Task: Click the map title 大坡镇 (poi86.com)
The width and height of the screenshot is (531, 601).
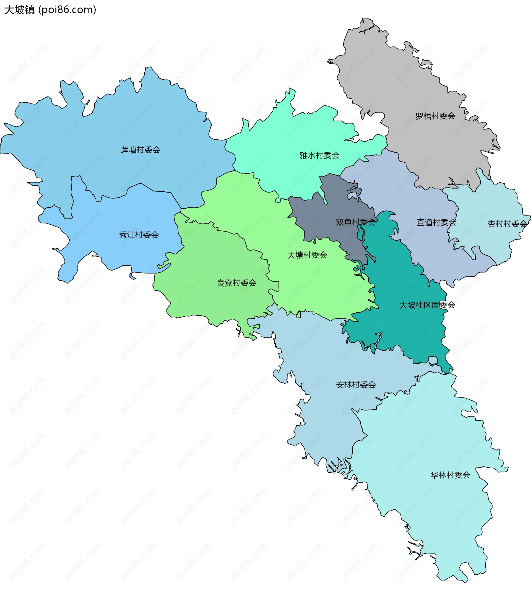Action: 50,10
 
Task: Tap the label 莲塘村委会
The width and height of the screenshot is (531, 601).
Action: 140,150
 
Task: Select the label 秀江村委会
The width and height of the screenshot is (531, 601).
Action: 139,235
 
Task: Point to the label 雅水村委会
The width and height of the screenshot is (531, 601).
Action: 319,155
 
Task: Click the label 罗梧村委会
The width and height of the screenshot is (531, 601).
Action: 435,116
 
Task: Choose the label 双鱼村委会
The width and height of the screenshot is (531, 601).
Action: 356,222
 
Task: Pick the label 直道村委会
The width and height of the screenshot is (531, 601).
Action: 436,222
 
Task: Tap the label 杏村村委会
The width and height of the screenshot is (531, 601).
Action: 507,224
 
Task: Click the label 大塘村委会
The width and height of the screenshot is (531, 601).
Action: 307,255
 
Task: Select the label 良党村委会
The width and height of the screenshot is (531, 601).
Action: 236,283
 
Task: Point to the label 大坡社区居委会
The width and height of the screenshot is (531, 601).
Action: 427,305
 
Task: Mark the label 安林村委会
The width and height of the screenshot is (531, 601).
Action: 356,385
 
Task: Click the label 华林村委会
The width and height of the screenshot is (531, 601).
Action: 450,475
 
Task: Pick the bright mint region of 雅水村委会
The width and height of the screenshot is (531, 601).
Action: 282,141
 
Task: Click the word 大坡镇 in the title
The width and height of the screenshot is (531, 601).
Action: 19,10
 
